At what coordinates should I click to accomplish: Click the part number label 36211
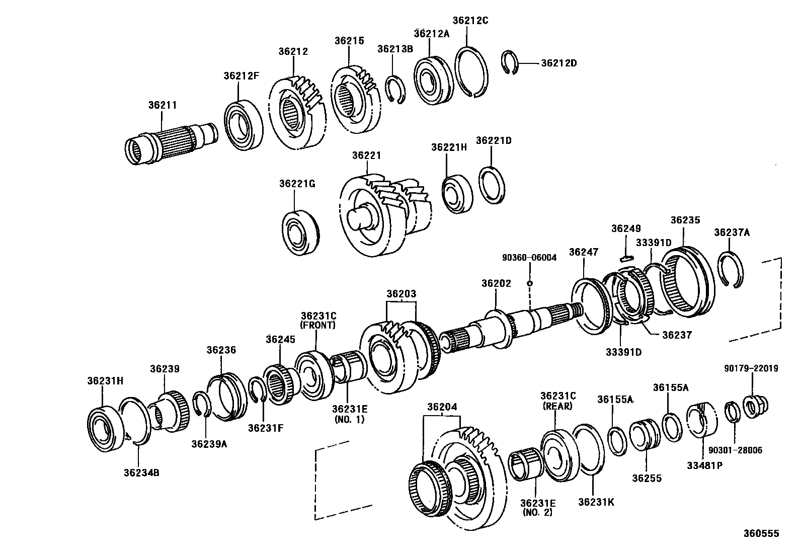pos(162,106)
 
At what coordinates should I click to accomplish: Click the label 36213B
pos(395,49)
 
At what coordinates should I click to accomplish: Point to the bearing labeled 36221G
pos(300,230)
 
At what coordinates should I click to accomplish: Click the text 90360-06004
pos(529,258)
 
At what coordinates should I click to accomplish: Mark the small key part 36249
pos(626,259)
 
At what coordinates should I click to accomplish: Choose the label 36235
pos(685,220)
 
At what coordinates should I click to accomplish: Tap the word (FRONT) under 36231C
pos(317,325)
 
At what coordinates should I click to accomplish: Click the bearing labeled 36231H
pos(106,427)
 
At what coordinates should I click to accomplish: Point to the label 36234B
pos(141,472)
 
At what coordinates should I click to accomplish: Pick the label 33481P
pos(704,465)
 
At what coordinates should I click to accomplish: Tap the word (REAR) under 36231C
pos(557,406)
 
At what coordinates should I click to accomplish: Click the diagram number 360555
pos(761,533)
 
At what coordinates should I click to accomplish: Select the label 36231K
pos(596,502)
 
